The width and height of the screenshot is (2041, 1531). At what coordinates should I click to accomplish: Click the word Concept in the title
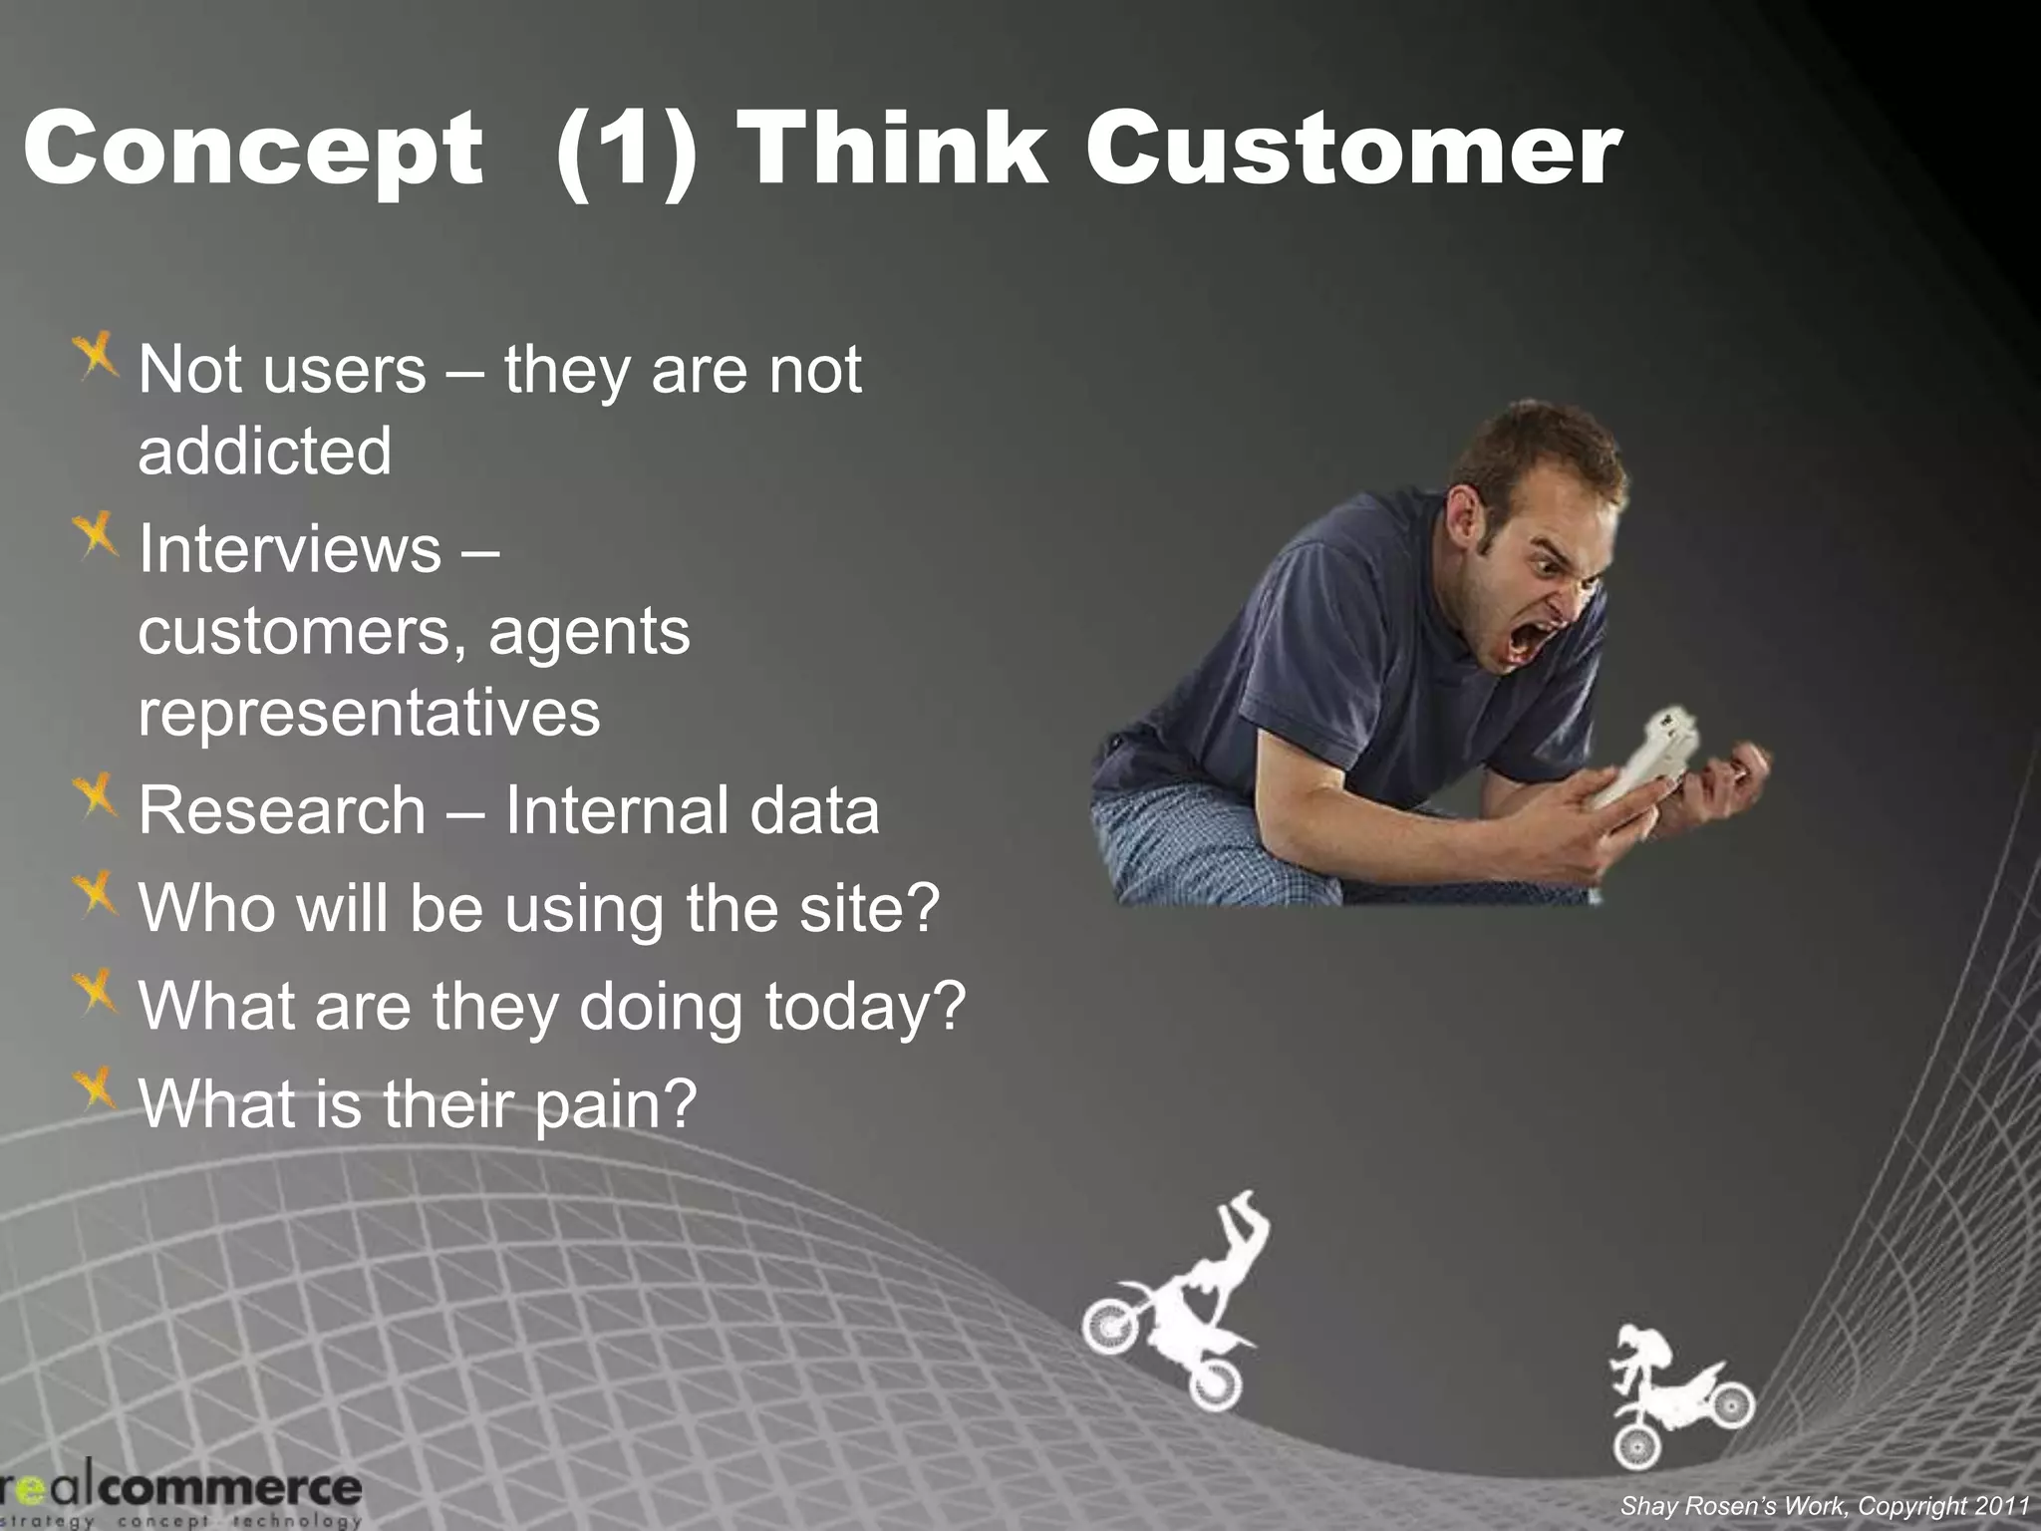click(254, 150)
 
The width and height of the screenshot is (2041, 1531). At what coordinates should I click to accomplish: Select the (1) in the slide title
click(626, 150)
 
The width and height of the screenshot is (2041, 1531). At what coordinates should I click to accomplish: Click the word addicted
click(265, 451)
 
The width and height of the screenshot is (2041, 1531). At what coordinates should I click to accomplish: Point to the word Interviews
click(289, 548)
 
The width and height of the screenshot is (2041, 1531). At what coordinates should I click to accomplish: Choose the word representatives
click(369, 712)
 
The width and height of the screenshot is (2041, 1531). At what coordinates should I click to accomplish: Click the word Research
click(282, 809)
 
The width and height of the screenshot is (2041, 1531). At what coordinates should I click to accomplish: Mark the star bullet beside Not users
click(96, 357)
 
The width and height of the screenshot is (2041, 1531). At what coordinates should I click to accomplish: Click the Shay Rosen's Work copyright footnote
click(1824, 1506)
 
